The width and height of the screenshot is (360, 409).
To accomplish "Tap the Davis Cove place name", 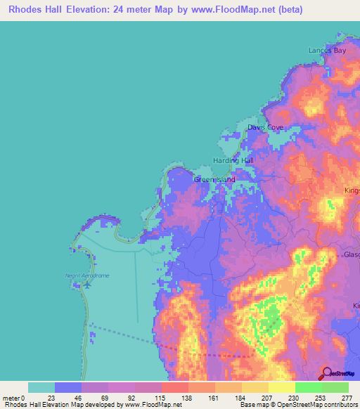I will coord(265,127).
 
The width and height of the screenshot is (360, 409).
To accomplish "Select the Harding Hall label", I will coord(233,161).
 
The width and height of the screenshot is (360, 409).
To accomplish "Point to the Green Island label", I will coord(214,180).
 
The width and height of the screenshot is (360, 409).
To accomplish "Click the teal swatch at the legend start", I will coord(41,387).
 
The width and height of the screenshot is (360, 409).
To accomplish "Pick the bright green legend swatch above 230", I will coord(308,387).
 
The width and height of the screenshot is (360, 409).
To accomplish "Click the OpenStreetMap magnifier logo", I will coord(326,373).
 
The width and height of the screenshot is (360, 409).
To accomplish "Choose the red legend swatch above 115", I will coord(174,387).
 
